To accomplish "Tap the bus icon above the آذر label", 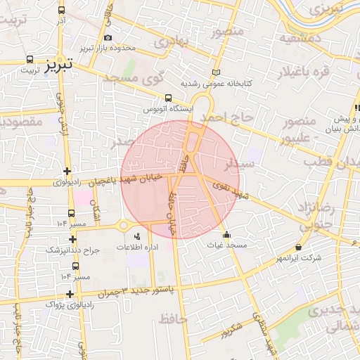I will click(x=62, y=11).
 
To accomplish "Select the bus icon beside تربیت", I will click(x=30, y=60).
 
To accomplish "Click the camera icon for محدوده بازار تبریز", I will click(x=107, y=38).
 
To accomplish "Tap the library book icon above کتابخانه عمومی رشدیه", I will click(x=216, y=72).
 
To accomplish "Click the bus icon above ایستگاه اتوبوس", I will click(x=168, y=98).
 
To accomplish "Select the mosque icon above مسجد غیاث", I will click(x=226, y=235).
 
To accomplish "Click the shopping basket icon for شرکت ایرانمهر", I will click(x=299, y=247).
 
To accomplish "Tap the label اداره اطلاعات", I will click(x=136, y=247).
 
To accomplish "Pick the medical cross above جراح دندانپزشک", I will click(x=72, y=239).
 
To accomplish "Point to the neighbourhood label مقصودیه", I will click(x=18, y=122).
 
